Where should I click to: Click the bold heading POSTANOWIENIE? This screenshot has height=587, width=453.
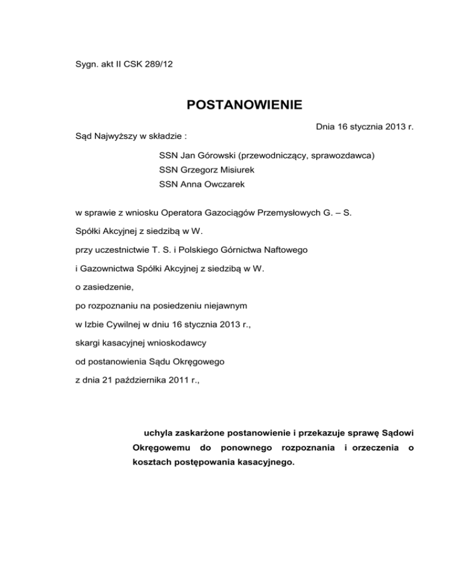pos(244,106)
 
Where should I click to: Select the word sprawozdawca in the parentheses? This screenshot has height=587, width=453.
pos(346,156)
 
